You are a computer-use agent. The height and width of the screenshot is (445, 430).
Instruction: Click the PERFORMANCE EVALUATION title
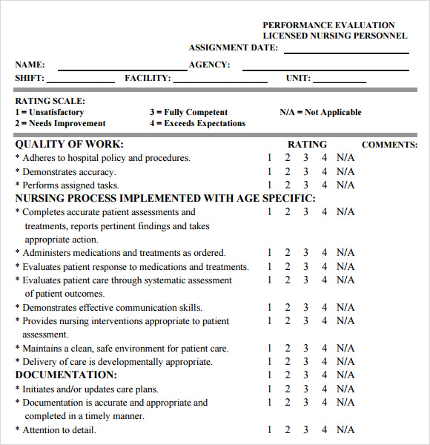pyautogui.click(x=328, y=25)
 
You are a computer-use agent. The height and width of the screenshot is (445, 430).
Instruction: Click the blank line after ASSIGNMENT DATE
pyautogui.click(x=346, y=52)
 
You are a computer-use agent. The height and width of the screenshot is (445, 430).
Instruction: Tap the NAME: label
pyautogui.click(x=30, y=65)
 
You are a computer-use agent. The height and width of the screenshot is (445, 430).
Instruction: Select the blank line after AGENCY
pyautogui.click(x=325, y=69)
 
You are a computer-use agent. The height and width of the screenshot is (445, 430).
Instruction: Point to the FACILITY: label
pyautogui.click(x=148, y=78)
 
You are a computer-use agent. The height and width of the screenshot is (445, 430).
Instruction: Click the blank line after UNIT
pyautogui.click(x=340, y=82)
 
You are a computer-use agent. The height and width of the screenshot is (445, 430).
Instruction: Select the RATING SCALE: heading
pyautogui.click(x=50, y=101)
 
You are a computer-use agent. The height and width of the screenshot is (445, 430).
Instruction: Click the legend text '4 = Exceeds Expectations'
pyautogui.click(x=197, y=124)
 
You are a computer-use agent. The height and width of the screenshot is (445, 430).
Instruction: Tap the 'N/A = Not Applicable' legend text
pyautogui.click(x=320, y=113)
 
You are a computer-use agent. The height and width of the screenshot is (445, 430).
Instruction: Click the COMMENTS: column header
pyautogui.click(x=389, y=145)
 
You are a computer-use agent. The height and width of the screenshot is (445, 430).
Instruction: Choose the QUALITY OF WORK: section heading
pyautogui.click(x=70, y=145)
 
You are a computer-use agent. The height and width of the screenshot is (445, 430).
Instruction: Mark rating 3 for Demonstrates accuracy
pyautogui.click(x=305, y=172)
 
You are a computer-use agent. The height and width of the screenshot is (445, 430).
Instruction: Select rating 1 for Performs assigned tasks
pyautogui.click(x=270, y=185)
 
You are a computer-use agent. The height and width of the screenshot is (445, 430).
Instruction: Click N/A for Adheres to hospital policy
pyautogui.click(x=345, y=158)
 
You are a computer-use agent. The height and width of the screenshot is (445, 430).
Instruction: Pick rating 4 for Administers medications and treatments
pyautogui.click(x=324, y=253)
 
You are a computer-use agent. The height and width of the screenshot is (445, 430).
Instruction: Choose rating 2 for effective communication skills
pyautogui.click(x=288, y=308)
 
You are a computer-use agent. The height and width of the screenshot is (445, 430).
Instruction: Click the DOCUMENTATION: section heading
pyautogui.click(x=67, y=375)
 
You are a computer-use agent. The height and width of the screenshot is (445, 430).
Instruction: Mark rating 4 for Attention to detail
pyautogui.click(x=324, y=430)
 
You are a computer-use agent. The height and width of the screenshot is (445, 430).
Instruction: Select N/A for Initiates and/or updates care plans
pyautogui.click(x=345, y=389)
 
